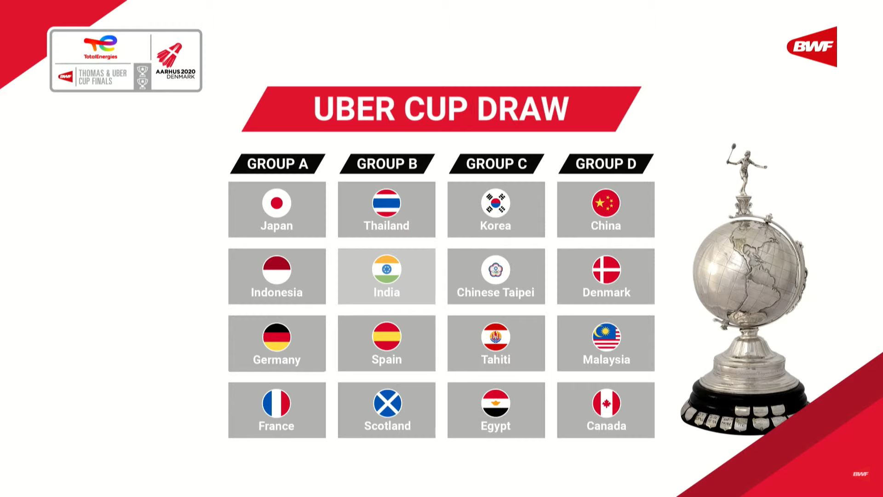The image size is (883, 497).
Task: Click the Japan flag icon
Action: point(276,203)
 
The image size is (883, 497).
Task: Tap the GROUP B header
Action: point(387,164)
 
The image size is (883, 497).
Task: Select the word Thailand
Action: point(386,225)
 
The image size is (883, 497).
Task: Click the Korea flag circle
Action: point(496,203)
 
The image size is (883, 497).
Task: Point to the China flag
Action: point(606,203)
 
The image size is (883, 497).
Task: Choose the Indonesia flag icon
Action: point(276,270)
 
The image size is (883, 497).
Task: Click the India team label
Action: point(386,292)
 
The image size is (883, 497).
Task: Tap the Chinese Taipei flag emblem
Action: point(496,270)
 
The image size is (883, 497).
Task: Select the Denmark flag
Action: point(606,270)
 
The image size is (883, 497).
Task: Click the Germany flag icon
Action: point(276,337)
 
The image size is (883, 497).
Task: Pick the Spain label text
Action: point(386,359)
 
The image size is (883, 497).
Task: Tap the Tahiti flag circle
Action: point(496,337)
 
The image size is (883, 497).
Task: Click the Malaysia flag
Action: point(606,337)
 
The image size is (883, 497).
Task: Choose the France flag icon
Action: point(276,404)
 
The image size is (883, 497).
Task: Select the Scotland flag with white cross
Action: point(387,404)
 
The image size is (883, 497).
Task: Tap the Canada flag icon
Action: point(606,404)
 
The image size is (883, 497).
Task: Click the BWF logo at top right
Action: point(812,46)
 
